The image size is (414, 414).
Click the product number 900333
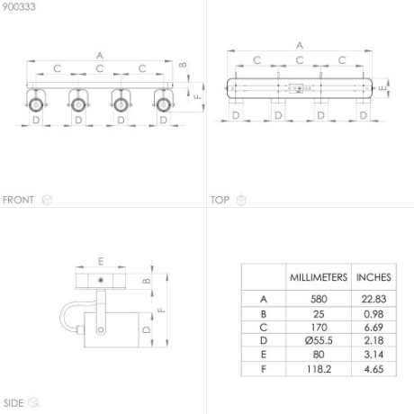point(19,6)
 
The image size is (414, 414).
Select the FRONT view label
point(18,200)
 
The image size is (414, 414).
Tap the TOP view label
point(220,200)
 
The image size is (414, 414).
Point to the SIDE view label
point(13,403)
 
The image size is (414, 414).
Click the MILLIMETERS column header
point(319,277)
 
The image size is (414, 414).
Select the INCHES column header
point(373,277)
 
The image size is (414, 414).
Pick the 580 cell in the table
point(319,299)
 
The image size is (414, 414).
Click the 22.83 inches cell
point(373,299)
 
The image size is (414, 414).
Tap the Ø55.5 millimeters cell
point(319,340)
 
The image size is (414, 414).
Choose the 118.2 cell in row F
point(319,369)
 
